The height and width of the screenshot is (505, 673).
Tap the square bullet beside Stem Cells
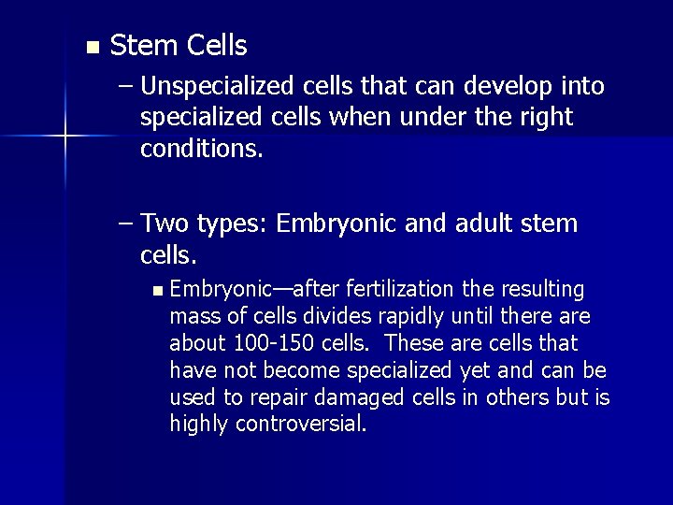(90, 47)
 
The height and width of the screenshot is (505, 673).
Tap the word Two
(166, 224)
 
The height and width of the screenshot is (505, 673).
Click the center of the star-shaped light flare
(64, 137)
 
